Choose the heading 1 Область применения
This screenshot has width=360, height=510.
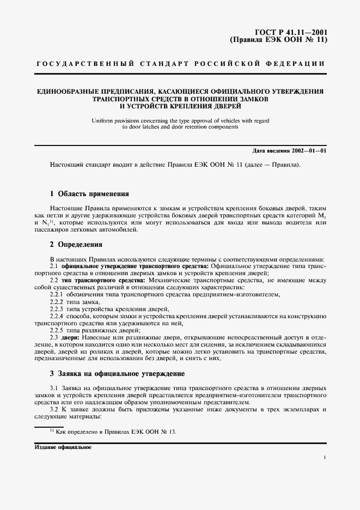tap(89, 193)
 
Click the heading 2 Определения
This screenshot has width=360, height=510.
tap(76, 245)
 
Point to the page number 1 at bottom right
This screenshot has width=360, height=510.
tap(325, 458)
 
